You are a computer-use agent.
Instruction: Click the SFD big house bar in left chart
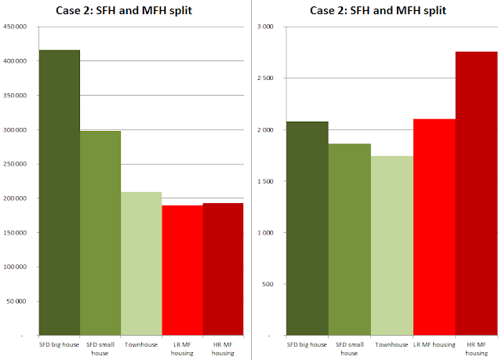coord(60,193)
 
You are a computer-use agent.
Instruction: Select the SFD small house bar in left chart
coord(100,233)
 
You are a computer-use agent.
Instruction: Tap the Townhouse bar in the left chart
coord(141,264)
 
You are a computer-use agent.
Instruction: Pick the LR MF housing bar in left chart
coord(183,271)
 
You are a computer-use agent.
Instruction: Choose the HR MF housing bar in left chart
coord(223,269)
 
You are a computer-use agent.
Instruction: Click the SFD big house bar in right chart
coord(307,228)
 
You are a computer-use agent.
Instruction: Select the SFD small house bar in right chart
coord(350,239)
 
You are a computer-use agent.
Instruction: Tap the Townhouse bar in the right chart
coord(392,245)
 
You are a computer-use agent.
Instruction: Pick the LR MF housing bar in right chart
coord(435,227)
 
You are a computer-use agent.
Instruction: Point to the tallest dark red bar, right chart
coord(477,194)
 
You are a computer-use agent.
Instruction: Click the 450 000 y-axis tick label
coord(15,27)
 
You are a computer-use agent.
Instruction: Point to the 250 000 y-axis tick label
coord(15,164)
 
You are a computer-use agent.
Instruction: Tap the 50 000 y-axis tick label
coord(16,301)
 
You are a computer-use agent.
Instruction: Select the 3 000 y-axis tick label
coord(265,27)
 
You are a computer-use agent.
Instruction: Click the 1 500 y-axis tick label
coord(265,181)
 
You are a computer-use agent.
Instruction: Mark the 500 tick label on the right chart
coord(267,284)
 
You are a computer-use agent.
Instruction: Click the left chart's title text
coord(124,10)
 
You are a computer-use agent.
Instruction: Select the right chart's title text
coord(378,10)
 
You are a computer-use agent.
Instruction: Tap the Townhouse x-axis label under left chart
coord(141,344)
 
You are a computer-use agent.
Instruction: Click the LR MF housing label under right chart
coord(435,344)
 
